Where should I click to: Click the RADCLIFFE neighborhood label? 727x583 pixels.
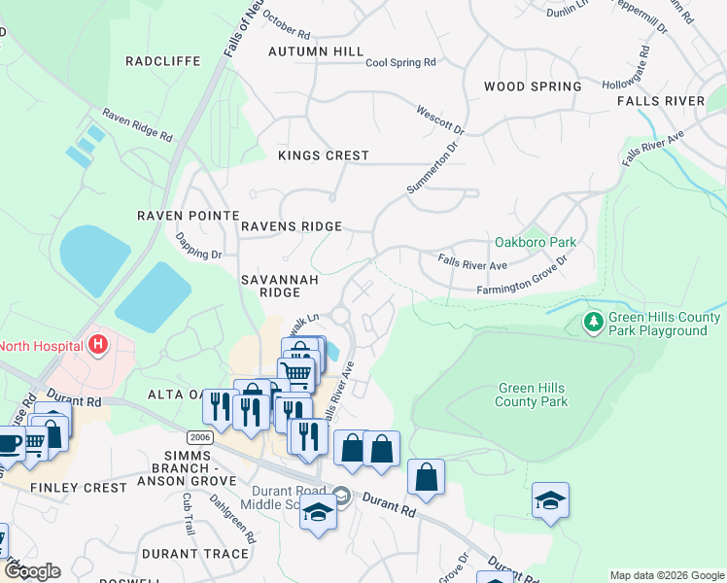point(163,61)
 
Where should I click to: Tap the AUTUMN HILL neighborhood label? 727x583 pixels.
point(316,51)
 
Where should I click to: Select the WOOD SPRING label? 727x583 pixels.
point(533,86)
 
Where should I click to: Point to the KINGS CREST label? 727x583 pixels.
point(324,155)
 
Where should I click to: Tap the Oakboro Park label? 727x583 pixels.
point(536,242)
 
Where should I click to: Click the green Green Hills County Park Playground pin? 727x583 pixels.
point(592,321)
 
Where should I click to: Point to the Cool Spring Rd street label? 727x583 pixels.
point(400,63)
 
